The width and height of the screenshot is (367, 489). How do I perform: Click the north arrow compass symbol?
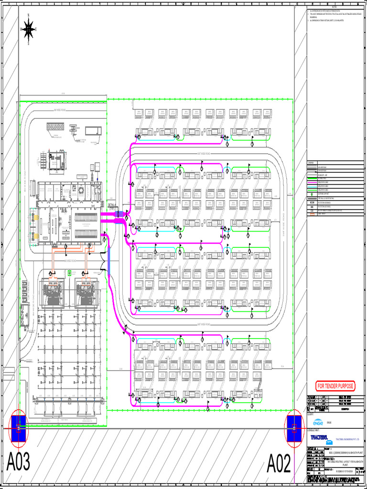point(29,30)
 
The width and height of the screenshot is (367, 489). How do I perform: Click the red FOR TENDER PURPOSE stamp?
point(336,386)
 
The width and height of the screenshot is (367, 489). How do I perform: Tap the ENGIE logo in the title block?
point(318,422)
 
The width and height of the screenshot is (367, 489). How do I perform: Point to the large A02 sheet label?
point(279,463)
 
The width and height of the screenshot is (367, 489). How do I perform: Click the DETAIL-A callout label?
point(115,204)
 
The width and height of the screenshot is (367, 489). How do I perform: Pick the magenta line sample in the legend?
point(312,182)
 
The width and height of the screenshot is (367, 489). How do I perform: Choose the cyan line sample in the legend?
point(312,186)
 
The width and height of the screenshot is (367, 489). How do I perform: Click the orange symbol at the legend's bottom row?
point(312,214)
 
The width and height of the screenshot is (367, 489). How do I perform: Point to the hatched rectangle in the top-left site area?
point(58,128)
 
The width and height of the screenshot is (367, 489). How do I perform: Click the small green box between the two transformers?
point(70,273)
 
